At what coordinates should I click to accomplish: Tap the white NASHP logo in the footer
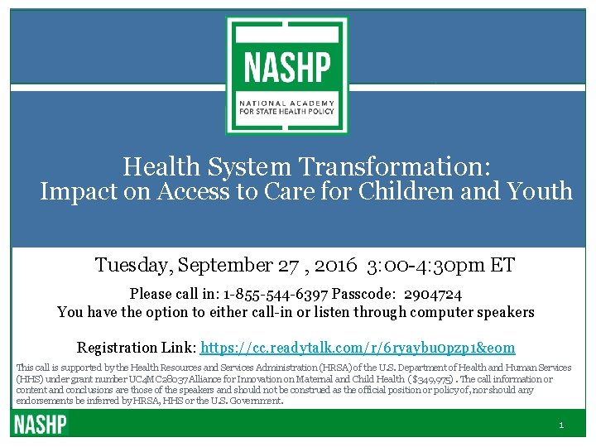pyautogui.click(x=39, y=425)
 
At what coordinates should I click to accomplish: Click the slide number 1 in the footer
pyautogui.click(x=561, y=425)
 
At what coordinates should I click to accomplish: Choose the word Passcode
pyautogui.click(x=362, y=294)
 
